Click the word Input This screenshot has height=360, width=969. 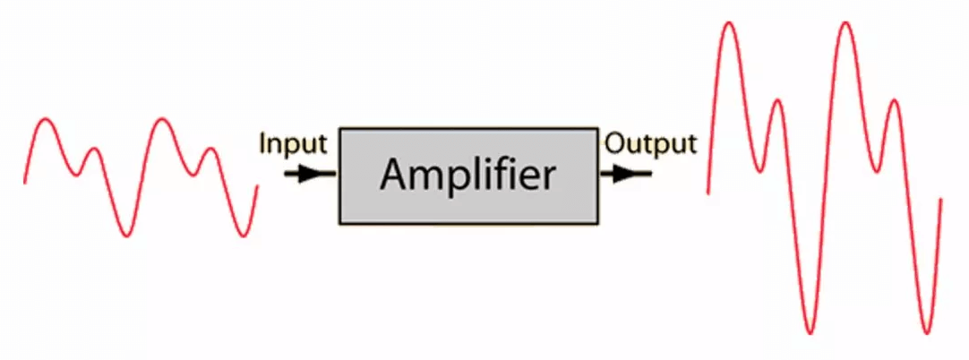(293, 143)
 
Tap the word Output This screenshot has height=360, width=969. (650, 143)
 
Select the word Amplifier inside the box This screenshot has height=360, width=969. (467, 175)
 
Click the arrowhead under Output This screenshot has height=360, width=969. (625, 174)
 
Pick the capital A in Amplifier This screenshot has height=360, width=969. (395, 175)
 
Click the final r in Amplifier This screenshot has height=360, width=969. (547, 178)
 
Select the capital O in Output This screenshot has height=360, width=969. (615, 143)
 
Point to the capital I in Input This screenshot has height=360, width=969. (262, 143)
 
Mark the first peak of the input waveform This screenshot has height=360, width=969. (46, 120)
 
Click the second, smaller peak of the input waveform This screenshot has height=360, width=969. (93, 149)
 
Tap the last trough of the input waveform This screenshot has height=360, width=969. (243, 236)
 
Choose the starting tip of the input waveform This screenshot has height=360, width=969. (24, 183)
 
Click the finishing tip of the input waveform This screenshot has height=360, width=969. (257, 186)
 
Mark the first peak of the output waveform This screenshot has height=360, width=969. (729, 23)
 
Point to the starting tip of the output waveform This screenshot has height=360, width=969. (708, 192)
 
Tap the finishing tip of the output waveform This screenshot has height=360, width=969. (940, 200)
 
